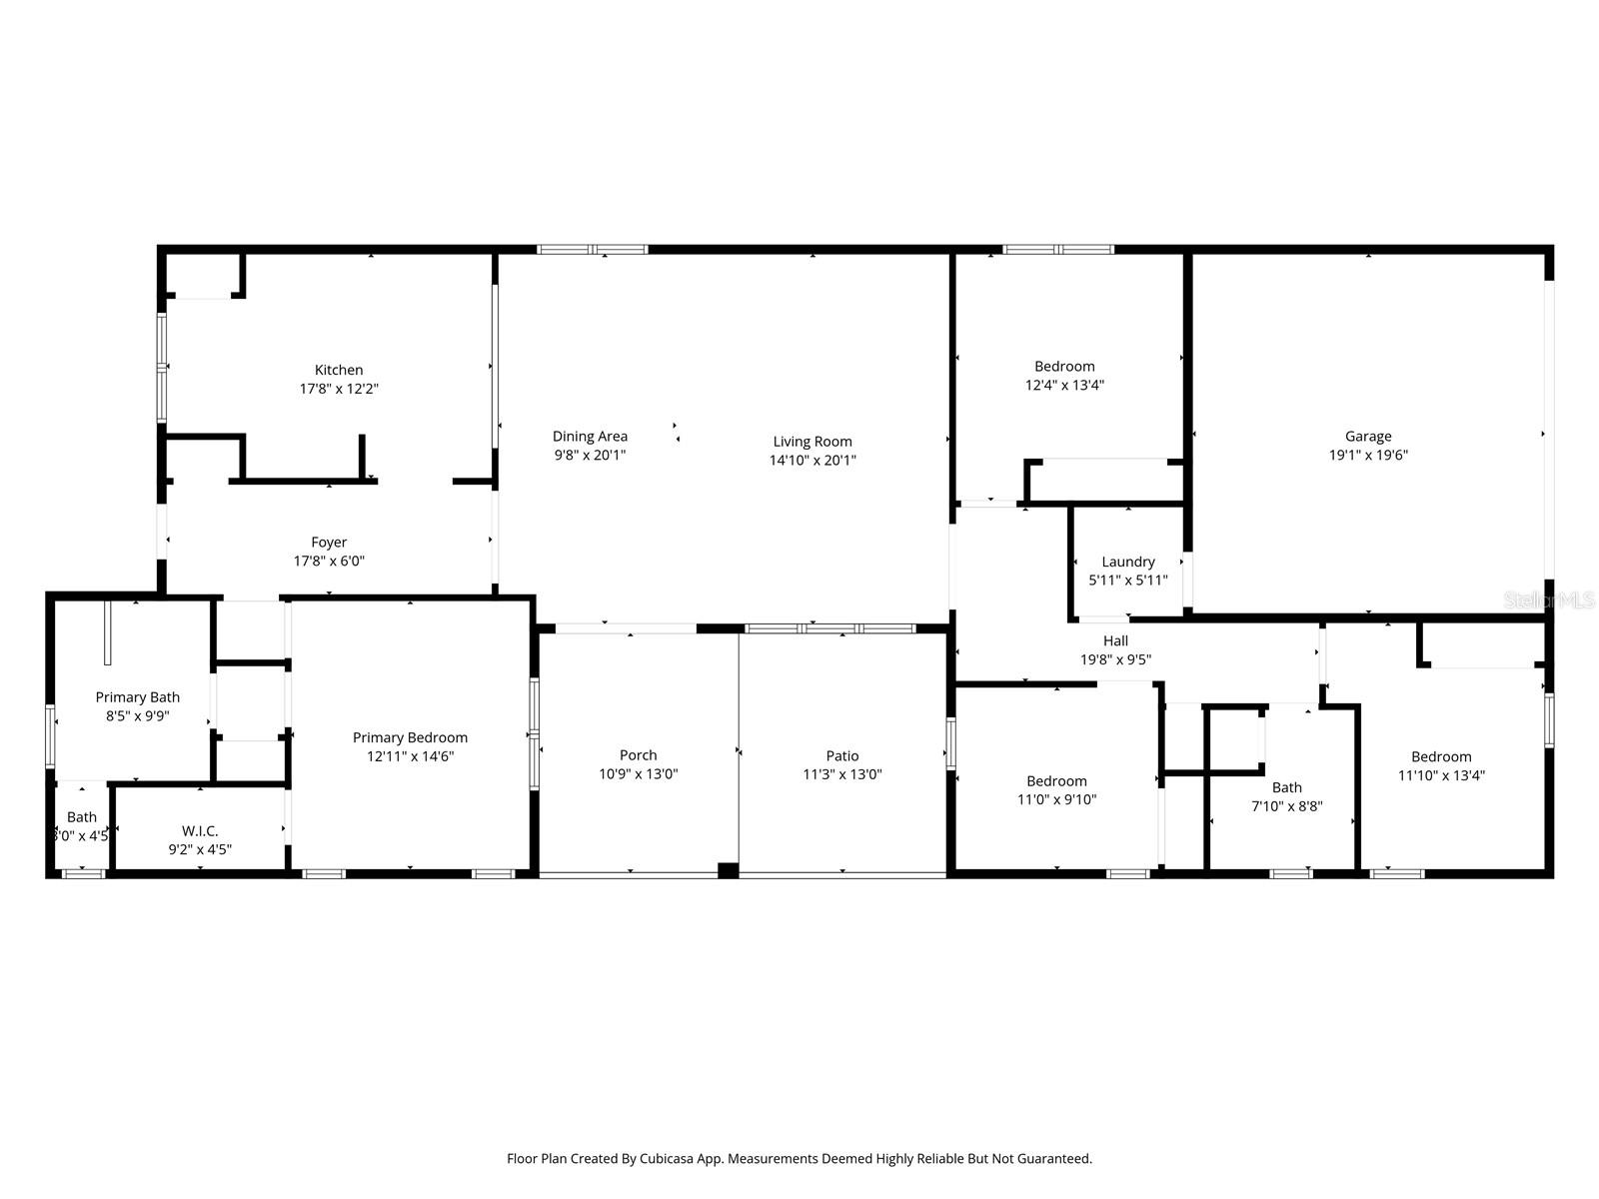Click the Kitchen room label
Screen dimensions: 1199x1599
[339, 370]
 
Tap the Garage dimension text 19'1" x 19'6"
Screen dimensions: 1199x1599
[1367, 455]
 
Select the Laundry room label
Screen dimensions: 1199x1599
[1128, 562]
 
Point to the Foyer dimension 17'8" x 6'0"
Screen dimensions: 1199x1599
[329, 562]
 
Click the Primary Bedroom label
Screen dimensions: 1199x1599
[410, 737]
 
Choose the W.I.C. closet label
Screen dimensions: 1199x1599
[200, 830]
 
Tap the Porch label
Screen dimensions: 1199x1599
[638, 755]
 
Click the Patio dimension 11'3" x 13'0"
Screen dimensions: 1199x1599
[842, 774]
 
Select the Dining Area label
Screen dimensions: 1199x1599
[590, 436]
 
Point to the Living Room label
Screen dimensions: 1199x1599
[812, 441]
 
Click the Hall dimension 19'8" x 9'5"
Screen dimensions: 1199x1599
[1115, 659]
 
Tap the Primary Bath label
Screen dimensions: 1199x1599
[137, 696]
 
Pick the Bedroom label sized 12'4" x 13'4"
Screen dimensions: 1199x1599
[1064, 366]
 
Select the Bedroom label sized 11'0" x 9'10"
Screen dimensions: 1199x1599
[1056, 780]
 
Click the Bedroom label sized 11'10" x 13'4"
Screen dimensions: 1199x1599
[1441, 756]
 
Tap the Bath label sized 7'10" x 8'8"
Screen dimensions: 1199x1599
[1287, 787]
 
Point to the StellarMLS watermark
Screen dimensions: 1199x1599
[1549, 599]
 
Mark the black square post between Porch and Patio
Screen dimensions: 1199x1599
[729, 870]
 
